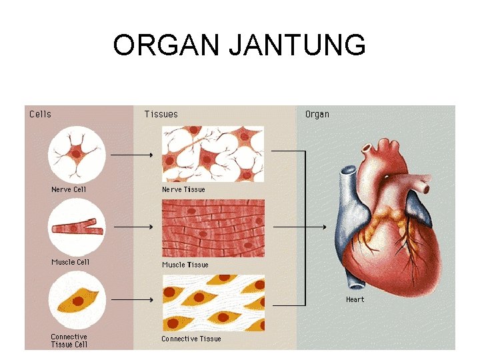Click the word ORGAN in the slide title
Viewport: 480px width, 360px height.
(x=167, y=45)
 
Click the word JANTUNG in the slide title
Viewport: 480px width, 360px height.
(x=297, y=45)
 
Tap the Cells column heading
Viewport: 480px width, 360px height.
(x=40, y=114)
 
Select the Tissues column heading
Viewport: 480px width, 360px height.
(x=161, y=114)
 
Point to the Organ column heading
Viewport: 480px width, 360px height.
(x=317, y=114)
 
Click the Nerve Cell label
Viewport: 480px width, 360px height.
(x=69, y=189)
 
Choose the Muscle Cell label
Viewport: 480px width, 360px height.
(x=70, y=262)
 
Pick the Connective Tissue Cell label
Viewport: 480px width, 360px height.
(x=69, y=341)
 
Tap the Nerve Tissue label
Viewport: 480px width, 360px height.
(x=183, y=189)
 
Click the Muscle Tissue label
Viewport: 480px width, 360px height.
(x=185, y=265)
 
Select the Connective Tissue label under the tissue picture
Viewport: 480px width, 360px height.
(x=191, y=339)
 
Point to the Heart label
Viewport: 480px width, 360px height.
(x=355, y=299)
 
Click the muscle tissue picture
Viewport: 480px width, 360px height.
(x=213, y=227)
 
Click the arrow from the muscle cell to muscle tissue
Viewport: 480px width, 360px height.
(x=133, y=227)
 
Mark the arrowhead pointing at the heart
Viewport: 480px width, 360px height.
(x=324, y=227)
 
